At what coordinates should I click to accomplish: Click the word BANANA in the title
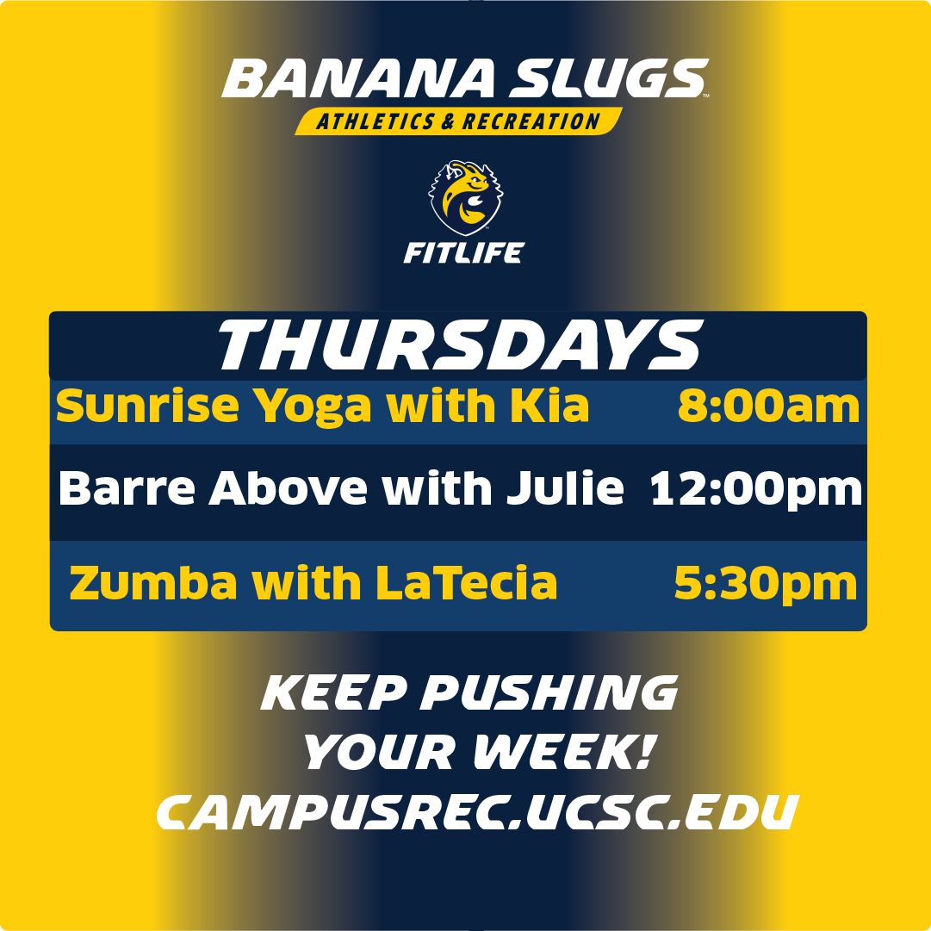click(358, 79)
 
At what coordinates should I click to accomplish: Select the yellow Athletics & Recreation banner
click(458, 121)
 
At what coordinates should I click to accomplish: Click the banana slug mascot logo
click(465, 196)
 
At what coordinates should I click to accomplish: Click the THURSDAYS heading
click(458, 346)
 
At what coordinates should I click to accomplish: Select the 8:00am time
click(768, 406)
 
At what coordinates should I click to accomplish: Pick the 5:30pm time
click(765, 584)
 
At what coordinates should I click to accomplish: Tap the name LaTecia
click(467, 584)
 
